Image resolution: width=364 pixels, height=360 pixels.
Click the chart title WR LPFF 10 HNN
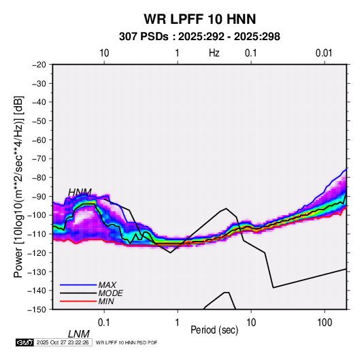pos(199,19)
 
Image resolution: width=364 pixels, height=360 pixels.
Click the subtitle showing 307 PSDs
pos(199,37)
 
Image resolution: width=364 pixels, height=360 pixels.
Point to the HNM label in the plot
pos(80,193)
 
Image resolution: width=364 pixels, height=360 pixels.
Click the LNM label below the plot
pos(79,334)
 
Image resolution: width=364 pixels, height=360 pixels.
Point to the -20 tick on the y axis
pos(39,65)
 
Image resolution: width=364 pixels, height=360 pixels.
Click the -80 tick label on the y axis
pos(39,178)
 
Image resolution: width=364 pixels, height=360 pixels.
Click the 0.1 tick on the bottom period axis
pos(104,323)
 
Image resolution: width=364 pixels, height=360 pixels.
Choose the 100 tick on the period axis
pos(325,323)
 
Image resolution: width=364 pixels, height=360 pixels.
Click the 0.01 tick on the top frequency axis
pos(324,53)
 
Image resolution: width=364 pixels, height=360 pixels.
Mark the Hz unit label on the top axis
pos(214,53)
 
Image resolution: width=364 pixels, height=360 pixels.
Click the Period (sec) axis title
pos(214,330)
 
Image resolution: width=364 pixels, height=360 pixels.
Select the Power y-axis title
pos(18,186)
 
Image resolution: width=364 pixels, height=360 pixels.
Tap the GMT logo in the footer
pos(24,342)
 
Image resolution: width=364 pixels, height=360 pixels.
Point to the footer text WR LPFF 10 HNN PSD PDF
pos(127,342)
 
